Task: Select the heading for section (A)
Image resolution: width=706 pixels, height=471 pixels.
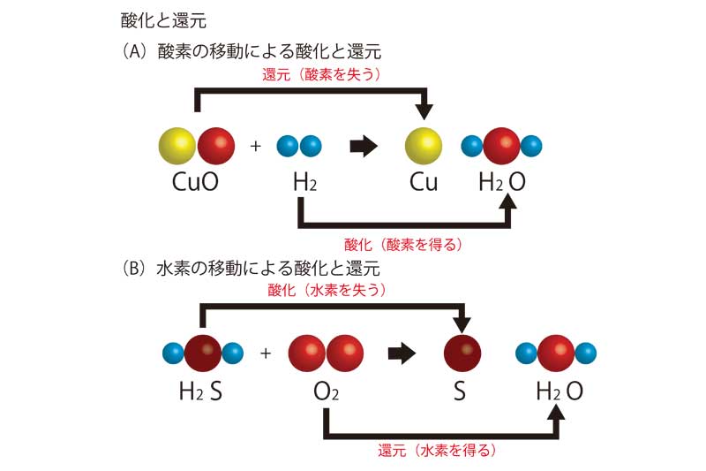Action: [251, 51]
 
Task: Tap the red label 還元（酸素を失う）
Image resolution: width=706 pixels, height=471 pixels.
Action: [321, 75]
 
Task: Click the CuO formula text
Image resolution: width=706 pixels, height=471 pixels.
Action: [196, 183]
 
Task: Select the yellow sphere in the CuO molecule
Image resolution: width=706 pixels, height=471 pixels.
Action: [177, 146]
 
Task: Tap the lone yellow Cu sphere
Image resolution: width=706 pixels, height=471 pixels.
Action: [423, 146]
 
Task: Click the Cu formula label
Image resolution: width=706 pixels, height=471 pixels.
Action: [424, 183]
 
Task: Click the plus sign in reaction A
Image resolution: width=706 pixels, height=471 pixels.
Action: [256, 146]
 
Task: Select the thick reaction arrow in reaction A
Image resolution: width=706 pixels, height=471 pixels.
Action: [363, 146]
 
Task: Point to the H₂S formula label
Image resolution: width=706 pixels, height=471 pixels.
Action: [200, 391]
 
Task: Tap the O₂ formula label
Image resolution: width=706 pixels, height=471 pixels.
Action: [326, 391]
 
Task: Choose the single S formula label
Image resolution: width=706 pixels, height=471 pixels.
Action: [459, 391]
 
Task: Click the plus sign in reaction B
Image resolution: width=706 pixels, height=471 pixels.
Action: [265, 353]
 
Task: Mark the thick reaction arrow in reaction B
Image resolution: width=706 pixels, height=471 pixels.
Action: [402, 353]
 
